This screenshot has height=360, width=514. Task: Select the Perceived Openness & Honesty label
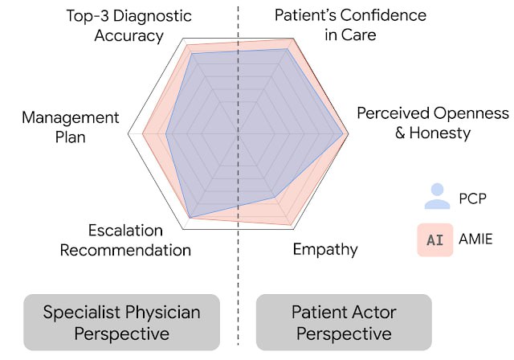(432, 122)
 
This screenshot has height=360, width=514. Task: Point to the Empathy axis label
(324, 249)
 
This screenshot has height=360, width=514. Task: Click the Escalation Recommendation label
(125, 240)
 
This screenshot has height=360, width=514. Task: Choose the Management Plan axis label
(71, 127)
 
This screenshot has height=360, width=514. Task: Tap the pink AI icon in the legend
(434, 239)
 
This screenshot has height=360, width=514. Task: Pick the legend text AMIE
(475, 239)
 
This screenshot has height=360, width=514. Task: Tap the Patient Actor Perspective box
(344, 322)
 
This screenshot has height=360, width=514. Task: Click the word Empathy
(324, 249)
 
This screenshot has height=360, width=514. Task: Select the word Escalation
(125, 231)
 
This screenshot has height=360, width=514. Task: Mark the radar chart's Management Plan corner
(129, 134)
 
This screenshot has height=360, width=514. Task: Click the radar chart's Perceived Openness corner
(348, 134)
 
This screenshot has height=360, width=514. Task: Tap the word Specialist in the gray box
(84, 312)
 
